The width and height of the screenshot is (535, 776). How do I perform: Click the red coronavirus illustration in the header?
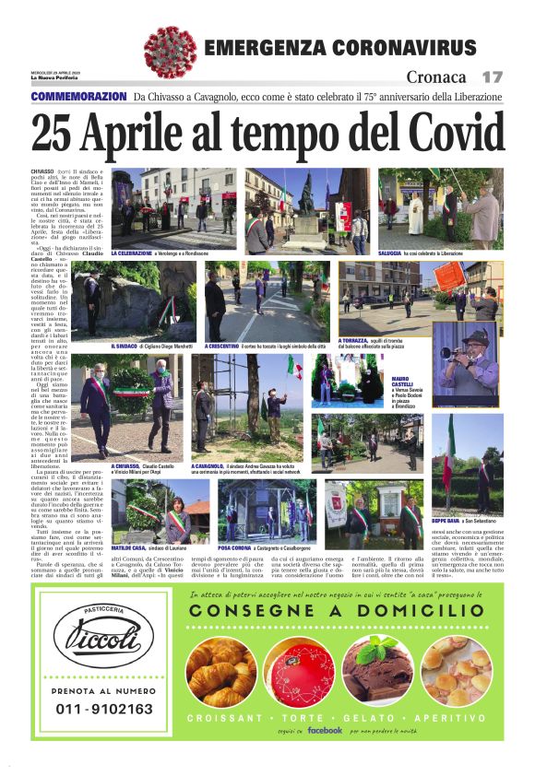171,52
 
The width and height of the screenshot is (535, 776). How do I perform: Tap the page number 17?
492,77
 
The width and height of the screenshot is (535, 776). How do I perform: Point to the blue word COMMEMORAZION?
78,97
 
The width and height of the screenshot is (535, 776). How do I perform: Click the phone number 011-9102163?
104,709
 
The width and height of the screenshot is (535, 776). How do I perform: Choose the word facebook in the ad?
325,730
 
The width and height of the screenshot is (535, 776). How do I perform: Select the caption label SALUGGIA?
393,252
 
